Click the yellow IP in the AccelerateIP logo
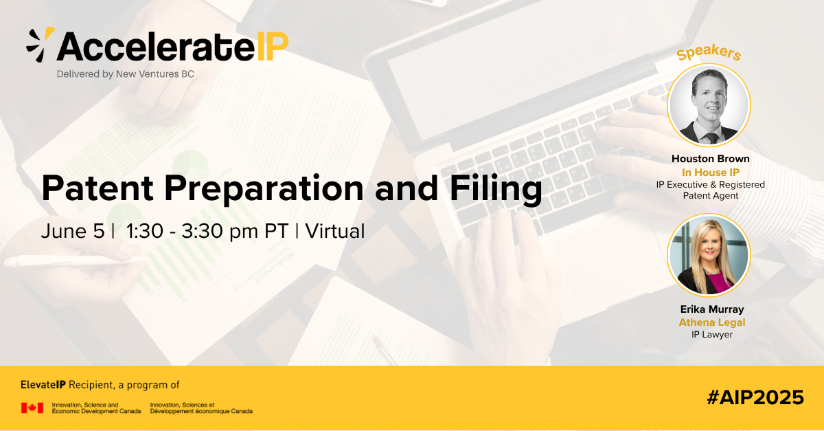click(x=272, y=47)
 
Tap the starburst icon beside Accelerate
click(x=41, y=45)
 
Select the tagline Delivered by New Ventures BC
click(x=126, y=74)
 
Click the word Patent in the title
click(x=98, y=188)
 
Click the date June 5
click(x=73, y=232)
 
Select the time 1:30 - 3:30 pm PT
click(x=207, y=232)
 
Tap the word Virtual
click(x=335, y=232)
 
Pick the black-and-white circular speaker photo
click(x=709, y=105)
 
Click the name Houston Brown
click(x=710, y=159)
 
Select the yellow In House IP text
click(x=710, y=173)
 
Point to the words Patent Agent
click(x=710, y=196)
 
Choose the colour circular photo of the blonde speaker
click(x=709, y=255)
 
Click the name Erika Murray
click(x=712, y=309)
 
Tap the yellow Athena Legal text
click(x=712, y=322)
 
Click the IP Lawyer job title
click(x=712, y=335)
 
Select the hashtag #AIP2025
click(x=755, y=397)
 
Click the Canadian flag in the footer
click(x=32, y=408)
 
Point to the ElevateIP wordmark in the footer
click(x=43, y=385)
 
